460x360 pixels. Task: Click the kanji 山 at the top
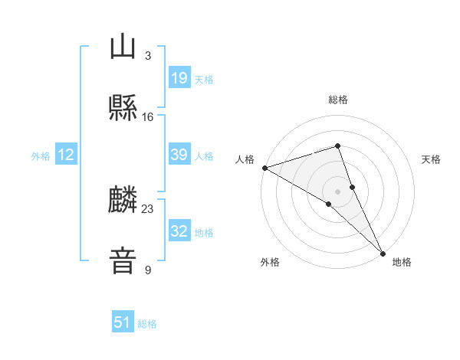tap(123, 47)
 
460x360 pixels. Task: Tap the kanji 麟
tap(123, 201)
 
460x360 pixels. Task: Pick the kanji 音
tap(123, 261)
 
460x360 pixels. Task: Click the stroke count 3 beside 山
tap(147, 56)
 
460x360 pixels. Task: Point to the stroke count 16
tap(147, 116)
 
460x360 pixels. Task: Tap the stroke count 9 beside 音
tap(147, 270)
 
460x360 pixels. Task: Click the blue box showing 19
tap(179, 78)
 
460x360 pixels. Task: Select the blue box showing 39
tap(179, 155)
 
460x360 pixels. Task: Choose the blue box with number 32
tap(179, 231)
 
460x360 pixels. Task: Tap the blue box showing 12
tap(66, 155)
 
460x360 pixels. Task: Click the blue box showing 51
tap(123, 322)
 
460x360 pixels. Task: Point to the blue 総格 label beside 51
tap(147, 324)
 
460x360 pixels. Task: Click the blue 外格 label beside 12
tap(41, 156)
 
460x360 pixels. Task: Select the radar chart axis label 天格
tap(432, 159)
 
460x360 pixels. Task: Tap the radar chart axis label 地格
tap(402, 263)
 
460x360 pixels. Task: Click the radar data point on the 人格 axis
tap(264, 167)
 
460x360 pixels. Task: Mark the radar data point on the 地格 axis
tap(383, 252)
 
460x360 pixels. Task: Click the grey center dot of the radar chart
tap(337, 191)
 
